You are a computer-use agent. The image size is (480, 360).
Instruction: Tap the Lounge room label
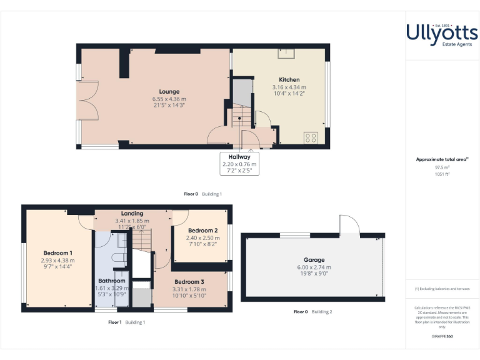pyautogui.click(x=169, y=92)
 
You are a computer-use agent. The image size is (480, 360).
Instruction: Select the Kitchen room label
pyautogui.click(x=289, y=80)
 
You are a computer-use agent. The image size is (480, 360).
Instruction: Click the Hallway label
pyautogui.click(x=239, y=157)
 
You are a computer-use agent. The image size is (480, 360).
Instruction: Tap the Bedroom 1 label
pyautogui.click(x=57, y=253)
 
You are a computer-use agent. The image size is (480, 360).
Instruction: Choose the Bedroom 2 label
pyautogui.click(x=202, y=231)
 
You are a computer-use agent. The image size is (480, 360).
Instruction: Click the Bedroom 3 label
pyautogui.click(x=189, y=282)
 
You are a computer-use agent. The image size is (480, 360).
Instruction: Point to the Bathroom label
pyautogui.click(x=112, y=281)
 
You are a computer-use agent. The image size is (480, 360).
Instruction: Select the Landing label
pyautogui.click(x=132, y=214)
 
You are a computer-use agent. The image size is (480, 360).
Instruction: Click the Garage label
pyautogui.click(x=314, y=260)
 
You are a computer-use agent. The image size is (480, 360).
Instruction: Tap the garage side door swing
pyautogui.click(x=349, y=225)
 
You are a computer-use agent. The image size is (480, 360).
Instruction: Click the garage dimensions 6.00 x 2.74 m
pyautogui.click(x=314, y=267)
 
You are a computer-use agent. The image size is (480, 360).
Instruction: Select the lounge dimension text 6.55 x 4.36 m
pyautogui.click(x=169, y=99)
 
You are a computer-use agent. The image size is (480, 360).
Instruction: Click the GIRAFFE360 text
pyautogui.click(x=442, y=337)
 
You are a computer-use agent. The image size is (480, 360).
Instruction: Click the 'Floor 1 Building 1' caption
pyautogui.click(x=127, y=322)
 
